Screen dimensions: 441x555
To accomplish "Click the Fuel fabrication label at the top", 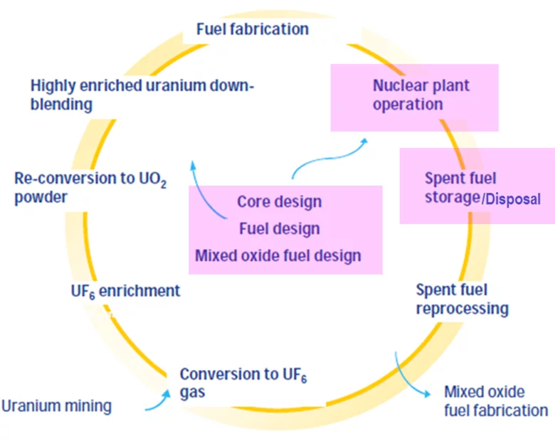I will point(253,29).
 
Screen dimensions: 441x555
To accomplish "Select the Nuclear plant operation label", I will point(421,95).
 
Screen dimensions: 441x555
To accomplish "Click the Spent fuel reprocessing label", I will point(462,299).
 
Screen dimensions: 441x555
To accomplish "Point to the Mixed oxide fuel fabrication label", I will point(495,401).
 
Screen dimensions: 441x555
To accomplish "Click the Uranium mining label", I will point(56,406).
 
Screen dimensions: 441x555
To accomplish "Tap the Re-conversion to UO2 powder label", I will point(90,187).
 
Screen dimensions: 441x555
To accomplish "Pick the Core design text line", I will point(279,201).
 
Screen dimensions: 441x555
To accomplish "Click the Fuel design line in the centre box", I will point(279,228).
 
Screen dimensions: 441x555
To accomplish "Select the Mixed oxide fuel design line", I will point(278,255).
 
